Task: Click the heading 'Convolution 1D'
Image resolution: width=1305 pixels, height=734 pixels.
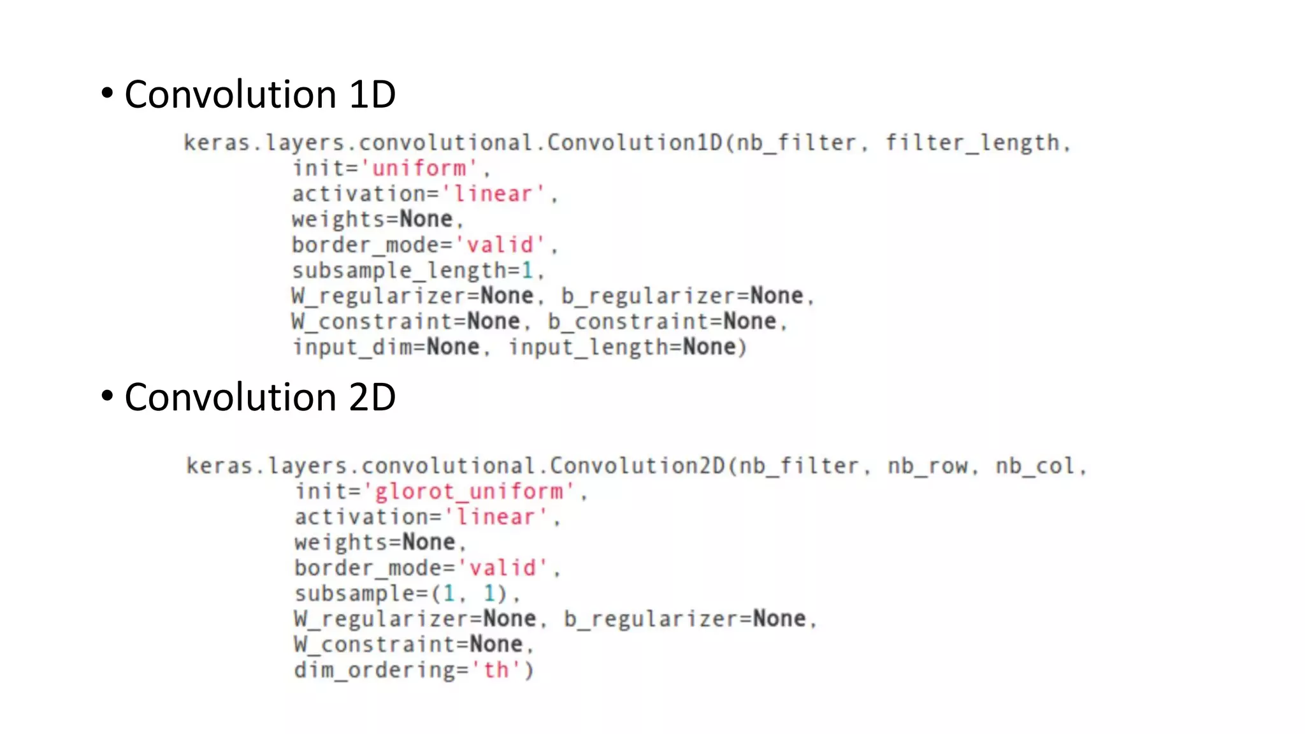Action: click(260, 95)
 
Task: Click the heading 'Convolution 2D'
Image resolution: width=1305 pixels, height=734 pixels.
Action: click(260, 398)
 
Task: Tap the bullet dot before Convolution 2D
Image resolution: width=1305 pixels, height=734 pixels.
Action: click(107, 396)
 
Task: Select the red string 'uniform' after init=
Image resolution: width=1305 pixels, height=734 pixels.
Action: click(419, 169)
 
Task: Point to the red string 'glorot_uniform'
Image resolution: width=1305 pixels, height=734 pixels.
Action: click(469, 492)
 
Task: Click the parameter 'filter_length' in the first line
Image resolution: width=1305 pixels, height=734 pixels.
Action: click(972, 143)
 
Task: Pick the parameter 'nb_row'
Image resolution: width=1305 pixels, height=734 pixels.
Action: click(928, 466)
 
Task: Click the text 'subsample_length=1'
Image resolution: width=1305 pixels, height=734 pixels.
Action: click(413, 271)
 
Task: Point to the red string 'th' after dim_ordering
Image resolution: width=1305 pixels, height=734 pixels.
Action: click(496, 670)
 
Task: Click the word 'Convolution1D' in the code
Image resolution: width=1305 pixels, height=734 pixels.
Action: click(635, 143)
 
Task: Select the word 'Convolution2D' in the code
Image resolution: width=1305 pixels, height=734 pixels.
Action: click(637, 466)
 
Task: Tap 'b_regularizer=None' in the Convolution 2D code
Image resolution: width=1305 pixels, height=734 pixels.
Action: click(685, 619)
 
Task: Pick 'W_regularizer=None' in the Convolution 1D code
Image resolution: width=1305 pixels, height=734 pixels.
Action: click(412, 296)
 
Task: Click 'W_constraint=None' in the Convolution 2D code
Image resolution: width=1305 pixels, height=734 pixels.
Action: click(408, 645)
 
